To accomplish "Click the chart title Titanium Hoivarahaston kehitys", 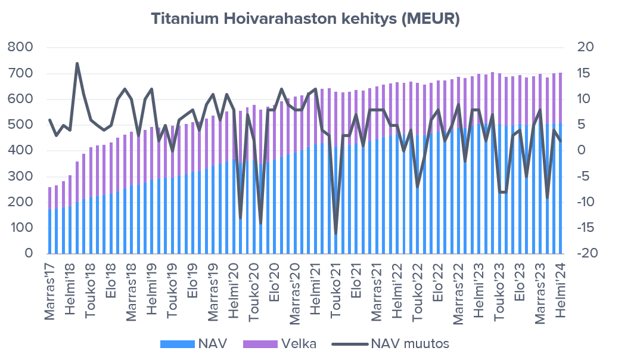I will point(305,18).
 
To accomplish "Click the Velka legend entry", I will point(278,344).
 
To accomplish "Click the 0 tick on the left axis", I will point(27,254).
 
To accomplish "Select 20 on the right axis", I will point(585,48).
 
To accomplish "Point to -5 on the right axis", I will point(585,176).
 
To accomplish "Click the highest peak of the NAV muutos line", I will point(77,63).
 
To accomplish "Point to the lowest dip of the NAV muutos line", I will point(336,233).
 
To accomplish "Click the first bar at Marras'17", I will point(50,221).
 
